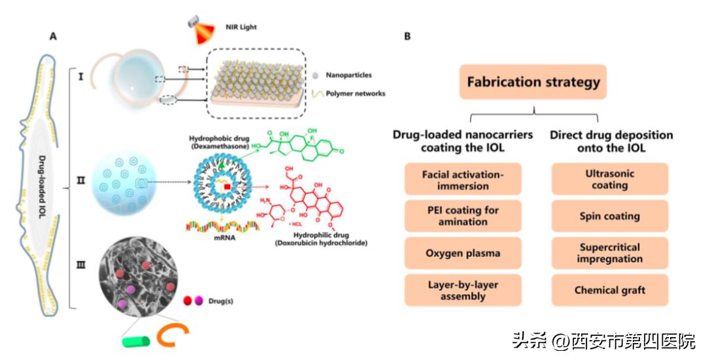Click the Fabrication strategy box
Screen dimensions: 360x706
click(x=533, y=82)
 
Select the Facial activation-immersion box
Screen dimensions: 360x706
click(x=463, y=180)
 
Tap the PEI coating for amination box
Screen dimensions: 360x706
click(x=463, y=216)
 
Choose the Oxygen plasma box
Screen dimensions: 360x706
click(x=463, y=253)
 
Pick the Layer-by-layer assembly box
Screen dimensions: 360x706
click(x=463, y=290)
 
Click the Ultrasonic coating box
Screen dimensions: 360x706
click(x=609, y=180)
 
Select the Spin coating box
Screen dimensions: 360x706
click(x=609, y=216)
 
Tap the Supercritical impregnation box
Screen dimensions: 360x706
click(x=609, y=253)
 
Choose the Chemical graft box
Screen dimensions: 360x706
click(x=609, y=290)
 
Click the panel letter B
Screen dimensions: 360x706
click(x=408, y=36)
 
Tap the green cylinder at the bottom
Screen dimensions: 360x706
click(x=136, y=340)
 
